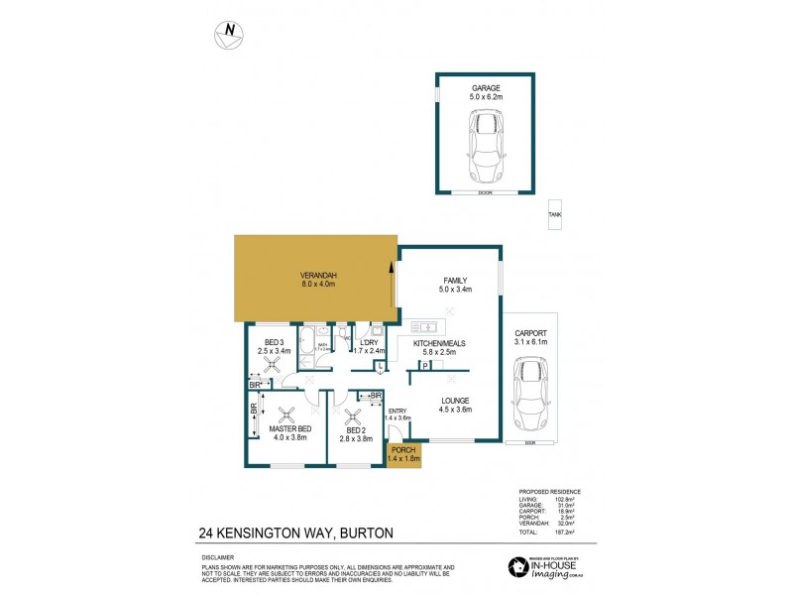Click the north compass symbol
tap(230, 34)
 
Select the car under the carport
tap(530, 395)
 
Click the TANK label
tap(555, 215)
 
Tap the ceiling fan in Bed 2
tap(349, 417)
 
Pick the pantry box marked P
tap(425, 366)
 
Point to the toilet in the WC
tap(347, 336)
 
